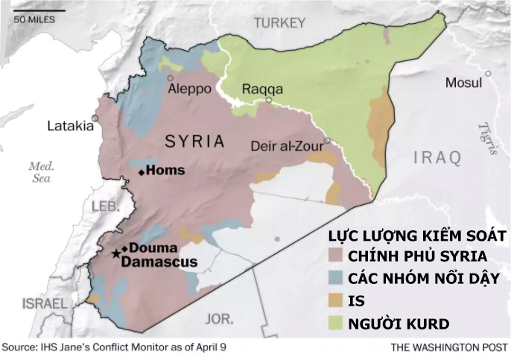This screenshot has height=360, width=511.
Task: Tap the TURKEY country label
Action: point(280,23)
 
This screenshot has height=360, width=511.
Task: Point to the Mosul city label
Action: point(463,82)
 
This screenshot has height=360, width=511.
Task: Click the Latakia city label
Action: point(71,126)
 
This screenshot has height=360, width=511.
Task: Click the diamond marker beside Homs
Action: point(142,172)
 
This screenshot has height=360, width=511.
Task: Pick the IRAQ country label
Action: point(437,157)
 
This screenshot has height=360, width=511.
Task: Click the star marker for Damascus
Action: point(115,255)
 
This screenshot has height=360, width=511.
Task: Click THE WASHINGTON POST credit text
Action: point(447,348)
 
